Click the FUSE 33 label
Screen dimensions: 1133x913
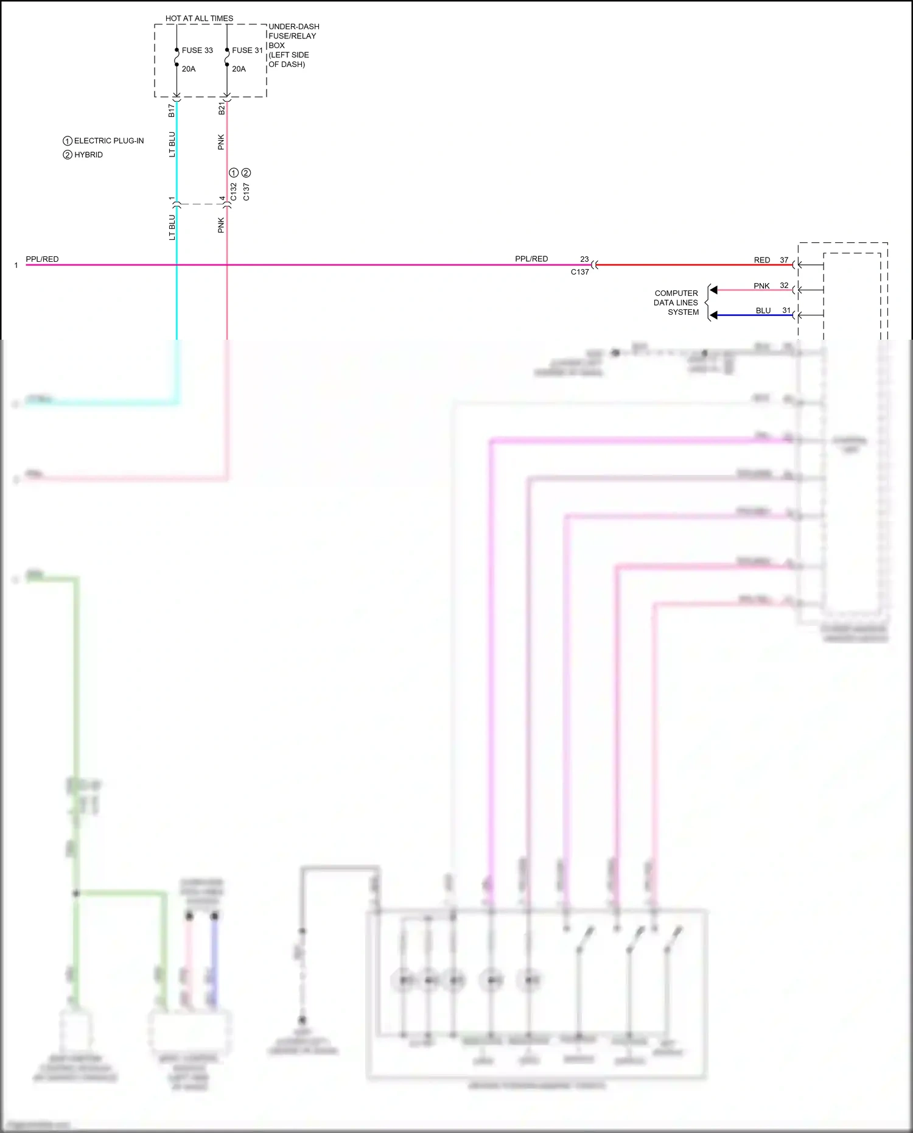pos(197,51)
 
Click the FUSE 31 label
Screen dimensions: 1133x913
pos(247,51)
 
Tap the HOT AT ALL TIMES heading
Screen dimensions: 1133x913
pos(199,18)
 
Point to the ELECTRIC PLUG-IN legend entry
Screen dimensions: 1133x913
pos(108,141)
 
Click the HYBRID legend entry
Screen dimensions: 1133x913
pos(88,155)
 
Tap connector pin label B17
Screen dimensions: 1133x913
pos(172,110)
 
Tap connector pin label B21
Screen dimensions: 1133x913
pos(222,108)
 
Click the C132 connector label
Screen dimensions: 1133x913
pos(234,192)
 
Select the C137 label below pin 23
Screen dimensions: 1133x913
pos(579,272)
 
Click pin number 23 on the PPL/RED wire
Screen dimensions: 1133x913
pos(584,259)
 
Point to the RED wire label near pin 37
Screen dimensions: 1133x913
pos(762,260)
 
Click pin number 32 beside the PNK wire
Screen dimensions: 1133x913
pos(784,285)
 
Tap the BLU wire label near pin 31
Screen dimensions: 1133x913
pos(763,310)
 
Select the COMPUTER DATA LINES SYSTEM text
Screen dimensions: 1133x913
pos(676,303)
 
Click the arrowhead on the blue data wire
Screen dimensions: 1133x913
pos(714,315)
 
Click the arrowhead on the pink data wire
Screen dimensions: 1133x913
pos(714,290)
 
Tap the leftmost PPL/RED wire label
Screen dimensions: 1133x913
pos(42,259)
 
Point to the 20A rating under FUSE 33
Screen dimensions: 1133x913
pos(189,69)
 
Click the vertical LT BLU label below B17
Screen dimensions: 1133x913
pos(172,144)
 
